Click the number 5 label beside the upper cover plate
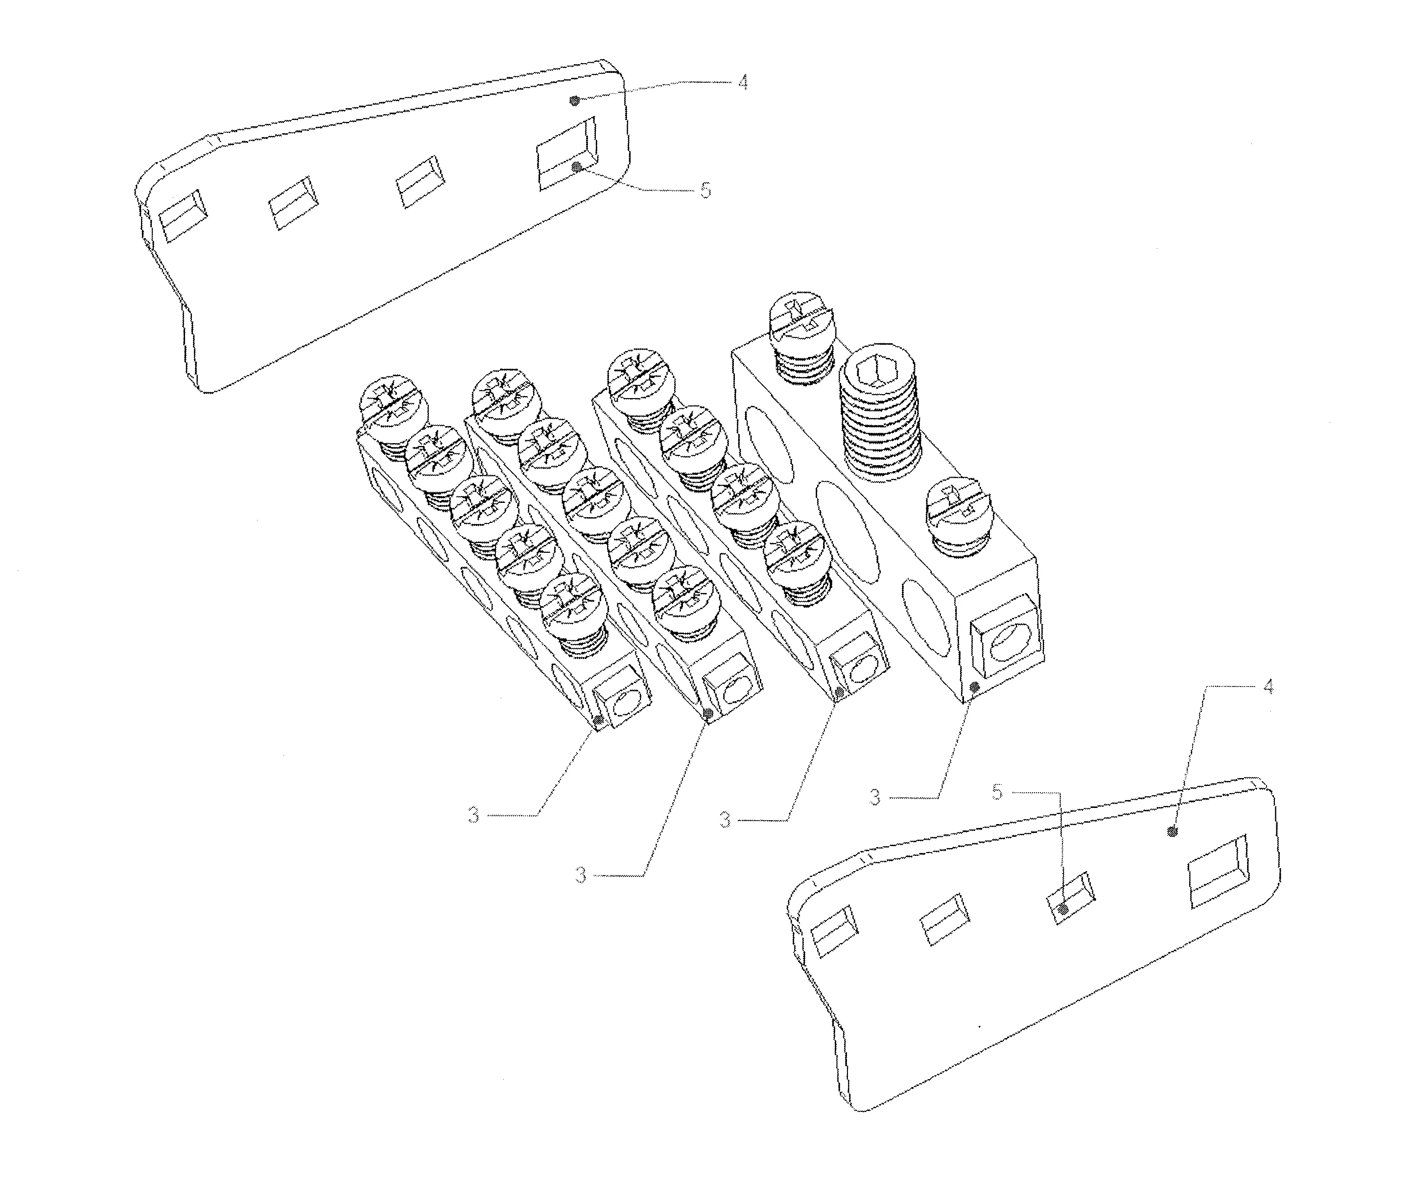705,190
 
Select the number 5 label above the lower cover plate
997,792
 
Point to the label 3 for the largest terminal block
875,798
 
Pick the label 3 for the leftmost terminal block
473,816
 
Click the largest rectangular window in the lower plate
1217,872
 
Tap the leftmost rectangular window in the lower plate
835,930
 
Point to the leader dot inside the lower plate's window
1063,910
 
